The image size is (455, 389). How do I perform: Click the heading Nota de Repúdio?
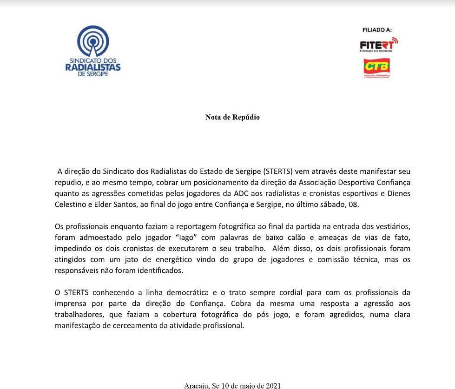pos(232,117)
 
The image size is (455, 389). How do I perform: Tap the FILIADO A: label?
pos(377,30)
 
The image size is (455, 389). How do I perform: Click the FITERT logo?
pos(379,45)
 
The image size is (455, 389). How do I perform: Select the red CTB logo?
pos(376,67)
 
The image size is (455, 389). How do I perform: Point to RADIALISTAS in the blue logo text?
pos(93,67)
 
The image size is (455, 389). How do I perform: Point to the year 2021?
pos(273,385)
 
